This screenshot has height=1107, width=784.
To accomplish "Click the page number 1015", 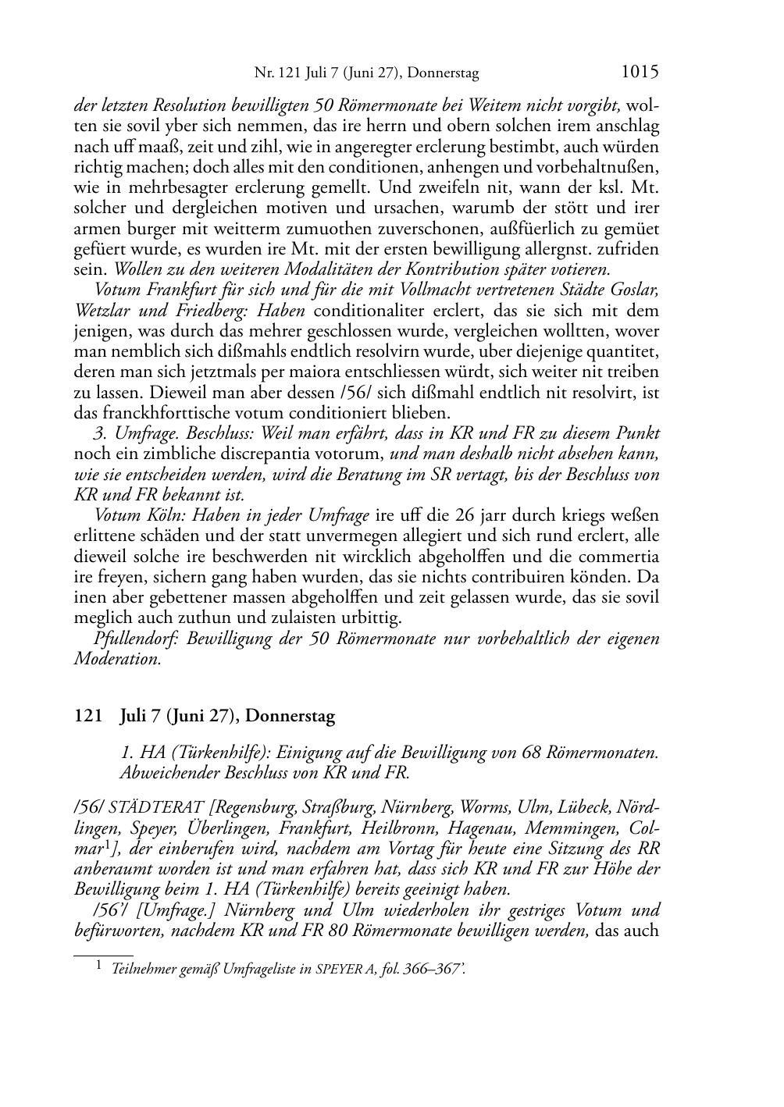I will pos(640,72).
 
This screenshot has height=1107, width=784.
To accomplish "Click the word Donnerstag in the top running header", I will pos(444,73).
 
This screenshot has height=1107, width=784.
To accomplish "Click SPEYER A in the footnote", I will pos(344,970).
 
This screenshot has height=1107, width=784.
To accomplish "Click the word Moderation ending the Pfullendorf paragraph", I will pos(117,659).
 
